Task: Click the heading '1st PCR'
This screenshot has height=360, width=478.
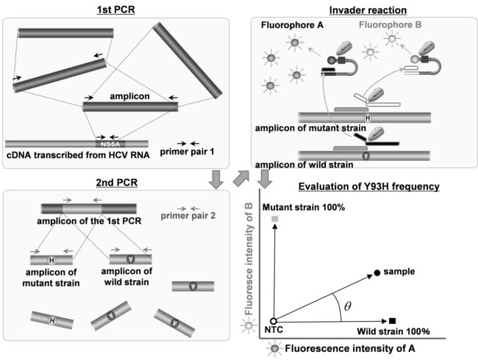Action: [120, 9]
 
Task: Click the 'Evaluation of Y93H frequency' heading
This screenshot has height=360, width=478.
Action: [364, 187]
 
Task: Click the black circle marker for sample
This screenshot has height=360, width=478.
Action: [377, 273]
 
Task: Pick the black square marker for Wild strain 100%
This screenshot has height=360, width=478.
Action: [393, 321]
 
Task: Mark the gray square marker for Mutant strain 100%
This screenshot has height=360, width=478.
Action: [274, 219]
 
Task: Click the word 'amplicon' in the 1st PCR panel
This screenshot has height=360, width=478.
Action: [129, 96]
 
